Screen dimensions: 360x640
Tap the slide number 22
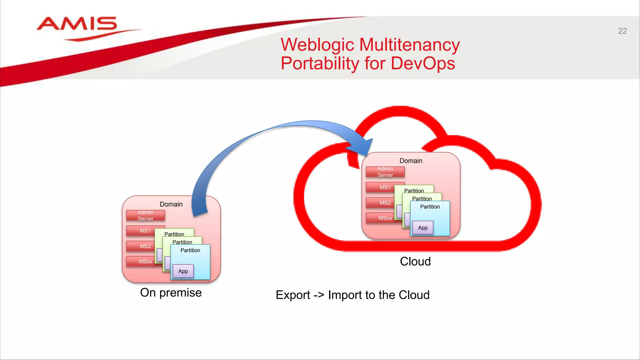pos(622,31)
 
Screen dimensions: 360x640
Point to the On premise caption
pos(171,293)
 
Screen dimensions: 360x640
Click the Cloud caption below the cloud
pos(415,262)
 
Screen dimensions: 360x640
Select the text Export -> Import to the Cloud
pos(352,295)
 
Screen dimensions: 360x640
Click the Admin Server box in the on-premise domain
pos(145,216)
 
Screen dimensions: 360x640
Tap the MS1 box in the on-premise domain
pos(145,231)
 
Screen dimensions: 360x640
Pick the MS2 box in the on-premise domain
pos(145,246)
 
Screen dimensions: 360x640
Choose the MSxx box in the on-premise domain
pos(145,262)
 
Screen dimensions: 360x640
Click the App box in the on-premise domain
pos(183,271)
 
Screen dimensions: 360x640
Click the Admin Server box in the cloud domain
pos(385,172)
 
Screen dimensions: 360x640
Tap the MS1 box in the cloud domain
pos(385,187)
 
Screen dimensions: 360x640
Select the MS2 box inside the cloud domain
pos(385,203)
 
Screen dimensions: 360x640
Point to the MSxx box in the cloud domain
pos(385,218)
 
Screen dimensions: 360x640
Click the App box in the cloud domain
pos(423,228)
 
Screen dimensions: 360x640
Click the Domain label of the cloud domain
pos(411,161)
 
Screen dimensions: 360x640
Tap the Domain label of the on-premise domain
pos(171,204)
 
